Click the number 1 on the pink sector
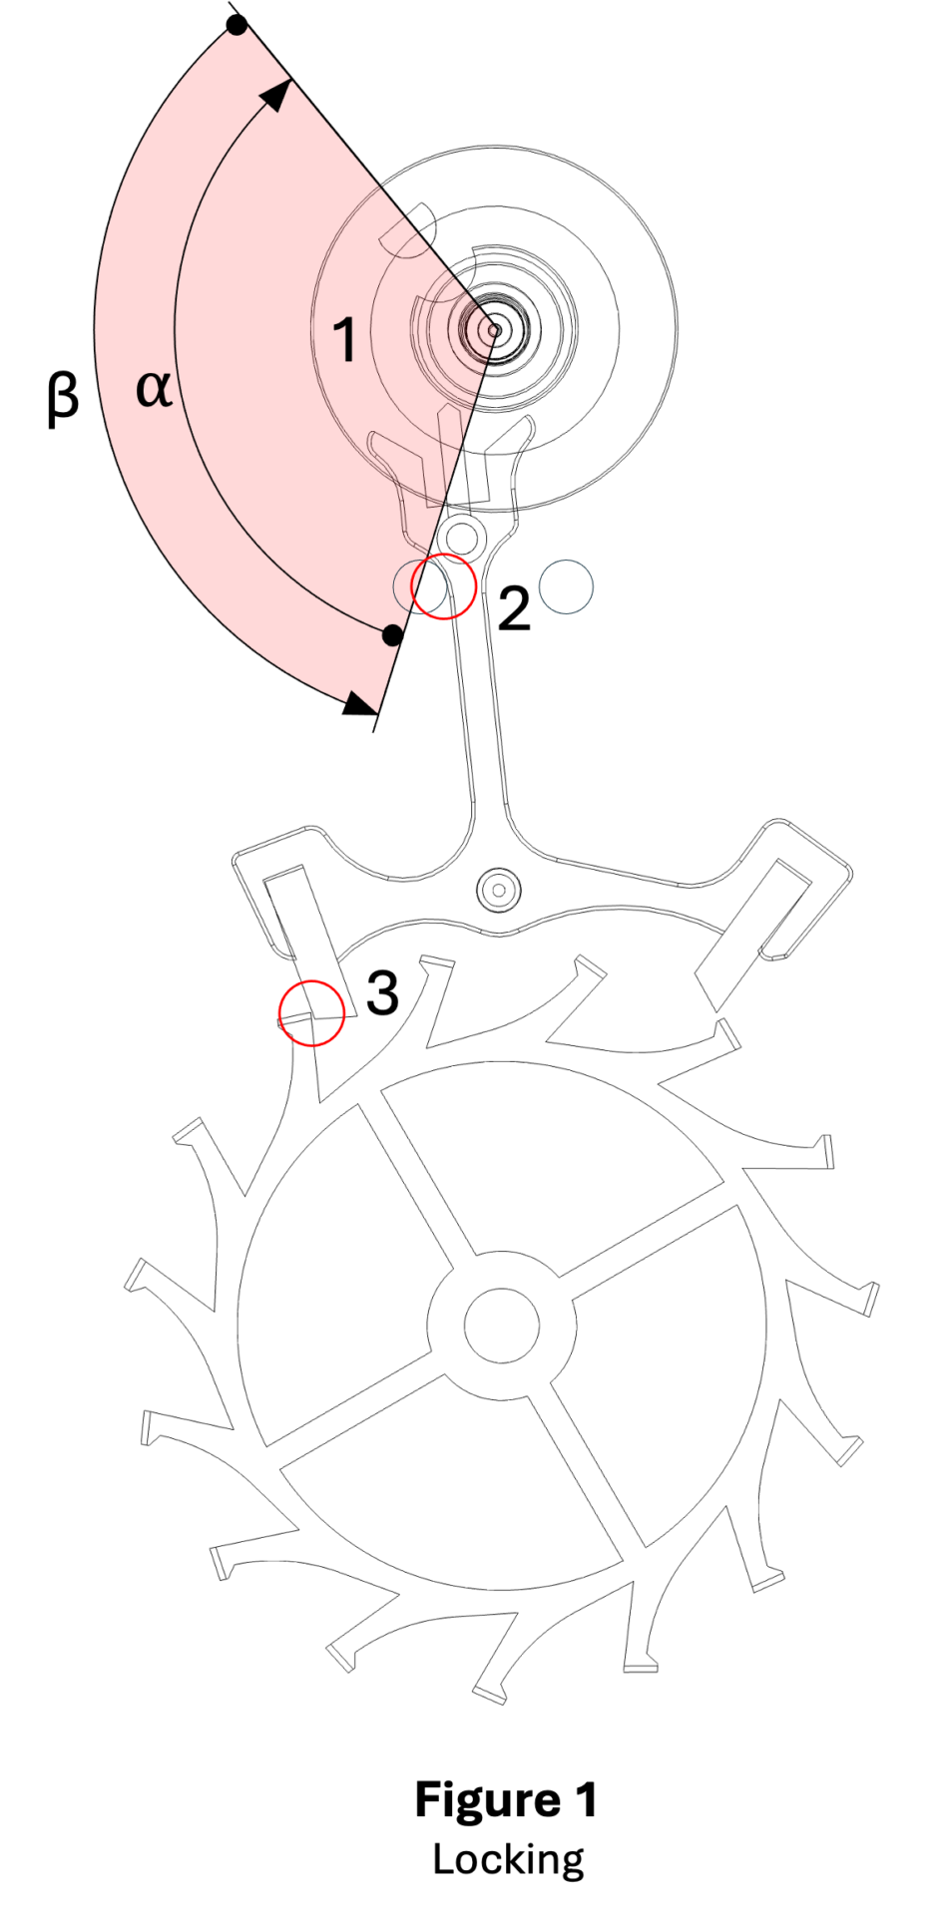344,339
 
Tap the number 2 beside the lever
514,608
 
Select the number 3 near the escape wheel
382,992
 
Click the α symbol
154,388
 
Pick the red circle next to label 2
443,585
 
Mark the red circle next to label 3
311,1012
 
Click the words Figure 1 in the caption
506,1800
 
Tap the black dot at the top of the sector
237,25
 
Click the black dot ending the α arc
393,634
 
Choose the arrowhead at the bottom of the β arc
359,704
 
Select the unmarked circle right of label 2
566,586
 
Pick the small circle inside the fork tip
461,537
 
